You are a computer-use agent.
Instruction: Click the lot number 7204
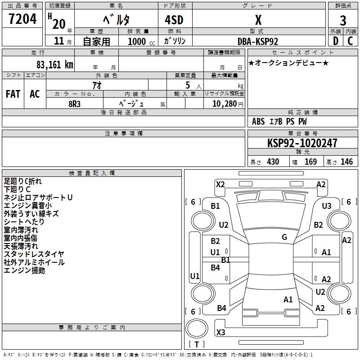tap(22, 19)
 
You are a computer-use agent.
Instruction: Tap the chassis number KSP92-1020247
tap(302, 143)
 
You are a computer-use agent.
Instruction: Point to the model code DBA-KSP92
tap(258, 41)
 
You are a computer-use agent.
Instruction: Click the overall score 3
tap(343, 20)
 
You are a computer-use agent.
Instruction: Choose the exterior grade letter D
tap(335, 41)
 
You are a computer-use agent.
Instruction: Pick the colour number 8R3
tap(75, 103)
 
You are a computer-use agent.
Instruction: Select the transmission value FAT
tap(13, 94)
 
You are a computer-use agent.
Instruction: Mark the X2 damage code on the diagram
tap(220, 184)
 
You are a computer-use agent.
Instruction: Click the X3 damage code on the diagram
tap(220, 333)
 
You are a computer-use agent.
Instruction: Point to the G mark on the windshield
tap(284, 237)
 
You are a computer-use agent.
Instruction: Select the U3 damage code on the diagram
tap(327, 206)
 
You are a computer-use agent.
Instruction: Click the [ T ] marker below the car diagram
tap(197, 345)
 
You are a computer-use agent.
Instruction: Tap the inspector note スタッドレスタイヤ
tap(34, 254)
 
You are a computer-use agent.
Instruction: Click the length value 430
tap(273, 162)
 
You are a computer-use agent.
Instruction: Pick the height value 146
tap(346, 162)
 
